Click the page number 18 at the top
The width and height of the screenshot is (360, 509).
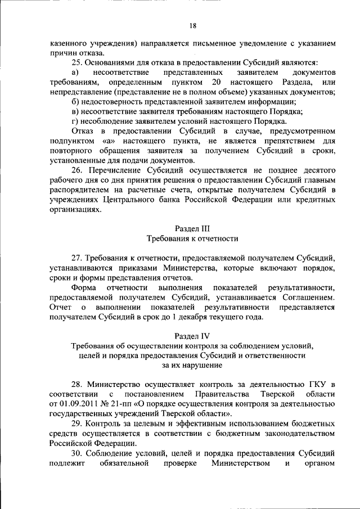click(192, 26)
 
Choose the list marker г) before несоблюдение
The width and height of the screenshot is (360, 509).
click(75, 121)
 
